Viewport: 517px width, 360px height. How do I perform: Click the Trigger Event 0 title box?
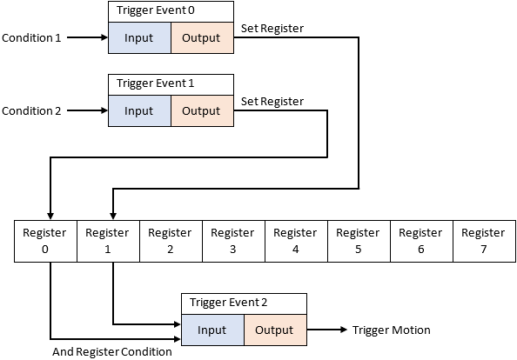pos(171,11)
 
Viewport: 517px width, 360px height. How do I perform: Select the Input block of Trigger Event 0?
pos(138,38)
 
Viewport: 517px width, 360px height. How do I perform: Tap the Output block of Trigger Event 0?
pos(201,38)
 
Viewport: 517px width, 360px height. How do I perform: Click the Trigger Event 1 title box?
pos(171,84)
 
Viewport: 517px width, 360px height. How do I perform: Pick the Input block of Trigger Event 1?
pos(138,111)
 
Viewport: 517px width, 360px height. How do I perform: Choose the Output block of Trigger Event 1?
pos(201,111)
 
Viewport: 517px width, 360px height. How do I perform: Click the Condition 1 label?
pos(31,38)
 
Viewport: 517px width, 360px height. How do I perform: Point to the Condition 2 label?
pos(31,111)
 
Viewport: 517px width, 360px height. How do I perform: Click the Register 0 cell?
pos(45,241)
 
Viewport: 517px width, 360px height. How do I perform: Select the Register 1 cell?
pos(108,241)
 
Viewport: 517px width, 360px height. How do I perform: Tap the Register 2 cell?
pos(171,241)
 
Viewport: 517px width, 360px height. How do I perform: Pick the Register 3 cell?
pos(233,241)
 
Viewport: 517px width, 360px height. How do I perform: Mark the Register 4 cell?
pos(296,241)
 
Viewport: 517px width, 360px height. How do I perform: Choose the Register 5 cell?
pos(359,241)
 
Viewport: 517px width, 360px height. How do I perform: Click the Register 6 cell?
pos(421,241)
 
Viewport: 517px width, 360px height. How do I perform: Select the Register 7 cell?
pos(483,241)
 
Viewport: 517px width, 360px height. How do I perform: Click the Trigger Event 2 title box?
pos(244,303)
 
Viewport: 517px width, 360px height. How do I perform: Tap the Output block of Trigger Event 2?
pos(274,330)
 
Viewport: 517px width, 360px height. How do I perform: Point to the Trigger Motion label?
pos(391,330)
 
